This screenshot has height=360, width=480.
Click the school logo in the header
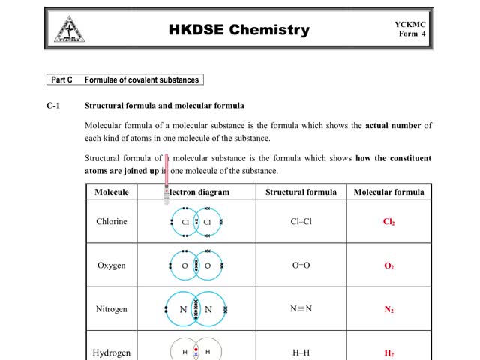coord(69,29)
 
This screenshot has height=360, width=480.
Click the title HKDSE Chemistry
coord(238,30)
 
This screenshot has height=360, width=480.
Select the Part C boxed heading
coord(124,79)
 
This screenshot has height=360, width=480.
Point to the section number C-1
coord(53,106)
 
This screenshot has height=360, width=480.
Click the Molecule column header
coord(112,192)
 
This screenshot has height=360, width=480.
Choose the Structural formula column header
coord(301,192)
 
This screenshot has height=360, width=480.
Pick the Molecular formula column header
coord(388,192)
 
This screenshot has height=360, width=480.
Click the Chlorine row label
coord(112,222)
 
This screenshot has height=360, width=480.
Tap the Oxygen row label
coord(112,265)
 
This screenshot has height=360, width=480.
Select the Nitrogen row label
coord(112,309)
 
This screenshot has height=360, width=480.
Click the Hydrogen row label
coord(112,352)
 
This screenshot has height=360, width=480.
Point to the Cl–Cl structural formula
coord(301,222)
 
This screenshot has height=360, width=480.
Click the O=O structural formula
coord(301,265)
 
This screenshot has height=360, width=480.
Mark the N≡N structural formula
coord(301,309)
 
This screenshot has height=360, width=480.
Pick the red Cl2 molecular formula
coord(388,222)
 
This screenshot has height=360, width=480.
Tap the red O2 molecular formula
coord(388,266)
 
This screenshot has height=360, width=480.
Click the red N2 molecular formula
coord(388,310)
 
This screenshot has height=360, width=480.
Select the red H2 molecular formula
coord(388,353)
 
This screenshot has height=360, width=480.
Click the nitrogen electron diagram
coord(196,309)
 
